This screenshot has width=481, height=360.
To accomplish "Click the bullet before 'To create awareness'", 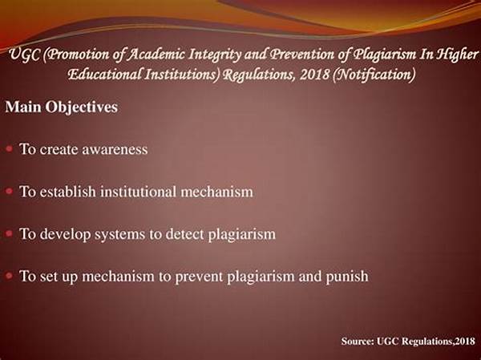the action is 9,149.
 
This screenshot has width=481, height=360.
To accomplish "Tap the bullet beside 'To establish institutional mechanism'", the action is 9,191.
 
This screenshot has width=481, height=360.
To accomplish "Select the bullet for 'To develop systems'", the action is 9,233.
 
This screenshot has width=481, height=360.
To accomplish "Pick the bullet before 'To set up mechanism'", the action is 9,276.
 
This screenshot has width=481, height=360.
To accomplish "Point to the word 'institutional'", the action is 139,192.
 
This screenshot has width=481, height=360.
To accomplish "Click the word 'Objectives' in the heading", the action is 81,107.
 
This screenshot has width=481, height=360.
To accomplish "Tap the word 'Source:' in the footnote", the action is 358,342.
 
